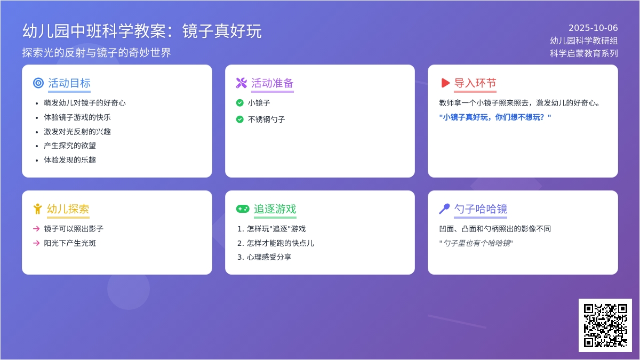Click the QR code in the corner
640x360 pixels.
[605, 325]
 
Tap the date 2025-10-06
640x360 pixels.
[593, 28]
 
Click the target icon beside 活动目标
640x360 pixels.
[38, 83]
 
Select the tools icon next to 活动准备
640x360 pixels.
[242, 83]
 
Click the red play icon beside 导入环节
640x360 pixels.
[445, 83]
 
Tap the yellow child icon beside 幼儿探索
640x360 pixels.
[37, 209]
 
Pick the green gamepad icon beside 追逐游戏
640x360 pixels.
[243, 209]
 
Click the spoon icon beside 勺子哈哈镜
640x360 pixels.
[444, 209]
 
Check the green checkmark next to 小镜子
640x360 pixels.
[240, 103]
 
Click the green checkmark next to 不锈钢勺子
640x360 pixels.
[240, 119]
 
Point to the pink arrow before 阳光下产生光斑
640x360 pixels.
[36, 243]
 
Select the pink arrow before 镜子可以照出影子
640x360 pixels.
[36, 229]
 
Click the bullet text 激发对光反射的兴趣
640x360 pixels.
[77, 131]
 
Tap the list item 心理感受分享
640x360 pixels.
[269, 257]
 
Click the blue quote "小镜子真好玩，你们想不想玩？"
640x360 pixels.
[495, 117]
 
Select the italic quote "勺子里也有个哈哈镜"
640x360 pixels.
[476, 243]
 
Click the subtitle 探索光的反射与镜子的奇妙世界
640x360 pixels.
[97, 53]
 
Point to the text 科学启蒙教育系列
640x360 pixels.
[584, 53]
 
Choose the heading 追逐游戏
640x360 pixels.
[275, 209]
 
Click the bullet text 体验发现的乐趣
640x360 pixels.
[70, 160]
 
